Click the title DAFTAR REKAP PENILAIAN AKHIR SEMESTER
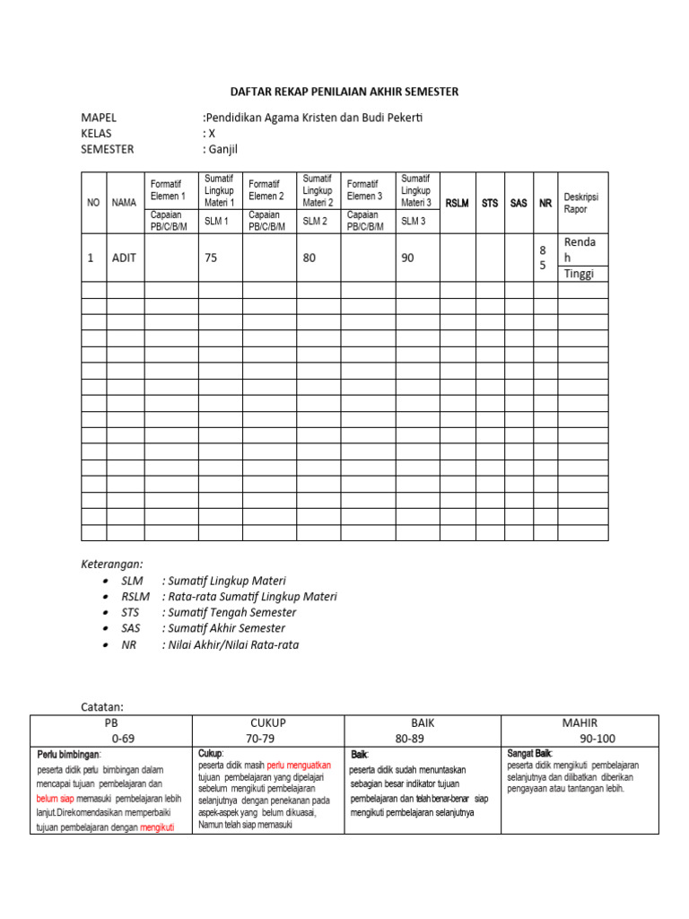click(x=344, y=92)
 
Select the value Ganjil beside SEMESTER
click(x=223, y=150)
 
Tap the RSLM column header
click(x=458, y=204)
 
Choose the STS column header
click(x=490, y=204)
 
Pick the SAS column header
click(x=519, y=204)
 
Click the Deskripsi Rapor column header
click(x=580, y=203)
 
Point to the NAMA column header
click(x=124, y=204)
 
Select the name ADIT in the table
click(x=124, y=258)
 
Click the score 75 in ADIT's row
click(x=212, y=258)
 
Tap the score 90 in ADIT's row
click(x=408, y=258)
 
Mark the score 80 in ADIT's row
click(x=310, y=258)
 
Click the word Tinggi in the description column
click(x=579, y=274)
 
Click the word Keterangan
click(x=112, y=564)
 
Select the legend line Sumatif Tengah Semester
click(x=229, y=612)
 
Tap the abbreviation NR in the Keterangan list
click(x=129, y=644)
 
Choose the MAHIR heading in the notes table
click(x=580, y=722)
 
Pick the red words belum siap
click(x=56, y=798)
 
